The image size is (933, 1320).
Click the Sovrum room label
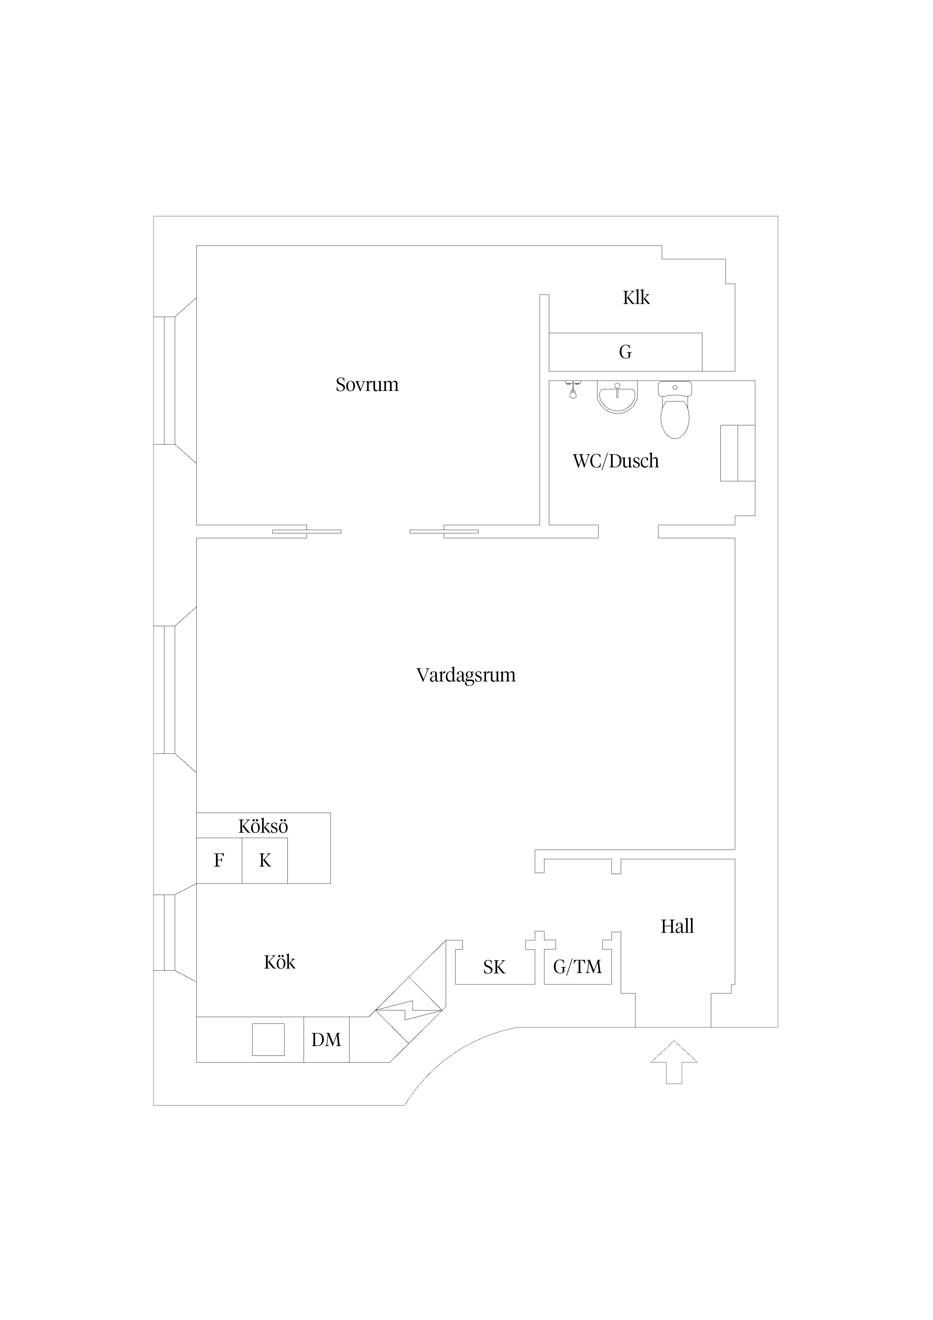click(x=367, y=385)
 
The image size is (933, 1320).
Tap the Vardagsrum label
click(x=466, y=675)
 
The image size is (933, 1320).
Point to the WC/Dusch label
click(x=616, y=461)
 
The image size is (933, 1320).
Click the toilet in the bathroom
click(x=675, y=410)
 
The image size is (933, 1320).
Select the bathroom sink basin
click(x=617, y=397)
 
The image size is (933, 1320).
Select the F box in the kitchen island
click(x=219, y=861)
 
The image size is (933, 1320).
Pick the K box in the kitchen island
click(x=264, y=861)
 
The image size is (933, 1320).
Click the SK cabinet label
click(x=494, y=967)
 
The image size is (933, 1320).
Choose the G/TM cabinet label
click(x=577, y=967)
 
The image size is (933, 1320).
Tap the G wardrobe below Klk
click(x=626, y=352)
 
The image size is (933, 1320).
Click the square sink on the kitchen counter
click(x=269, y=1039)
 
